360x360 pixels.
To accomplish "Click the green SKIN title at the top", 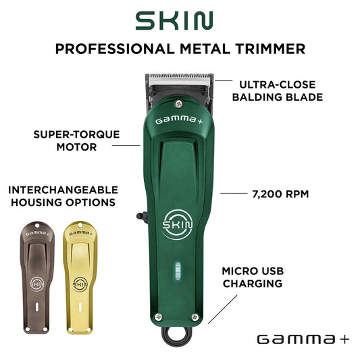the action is click(174, 21).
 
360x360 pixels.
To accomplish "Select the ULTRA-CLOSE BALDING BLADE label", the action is click(278, 91).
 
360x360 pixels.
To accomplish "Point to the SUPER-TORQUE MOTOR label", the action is click(77, 140).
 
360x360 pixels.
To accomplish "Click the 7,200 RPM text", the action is click(280, 195).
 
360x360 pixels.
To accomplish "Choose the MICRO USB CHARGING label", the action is click(253, 278).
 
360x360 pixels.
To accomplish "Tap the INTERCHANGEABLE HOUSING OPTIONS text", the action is click(63, 197).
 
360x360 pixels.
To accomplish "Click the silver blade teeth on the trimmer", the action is click(179, 79).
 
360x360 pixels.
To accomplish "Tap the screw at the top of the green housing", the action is click(178, 103).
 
